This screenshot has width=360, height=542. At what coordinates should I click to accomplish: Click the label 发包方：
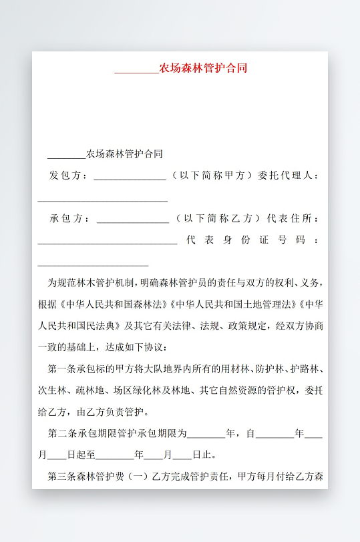point(69,176)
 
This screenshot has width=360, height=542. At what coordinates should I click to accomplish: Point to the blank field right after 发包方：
point(130,178)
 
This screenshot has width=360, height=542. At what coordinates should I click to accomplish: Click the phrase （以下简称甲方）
point(212,176)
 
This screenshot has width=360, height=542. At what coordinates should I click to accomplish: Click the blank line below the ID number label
point(93,264)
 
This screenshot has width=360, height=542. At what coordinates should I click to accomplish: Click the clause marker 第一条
point(61,368)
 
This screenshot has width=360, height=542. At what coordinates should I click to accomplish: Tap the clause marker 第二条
point(61,433)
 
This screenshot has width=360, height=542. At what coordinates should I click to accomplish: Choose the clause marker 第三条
point(61,476)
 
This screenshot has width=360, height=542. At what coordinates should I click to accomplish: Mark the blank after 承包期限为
point(206,435)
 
